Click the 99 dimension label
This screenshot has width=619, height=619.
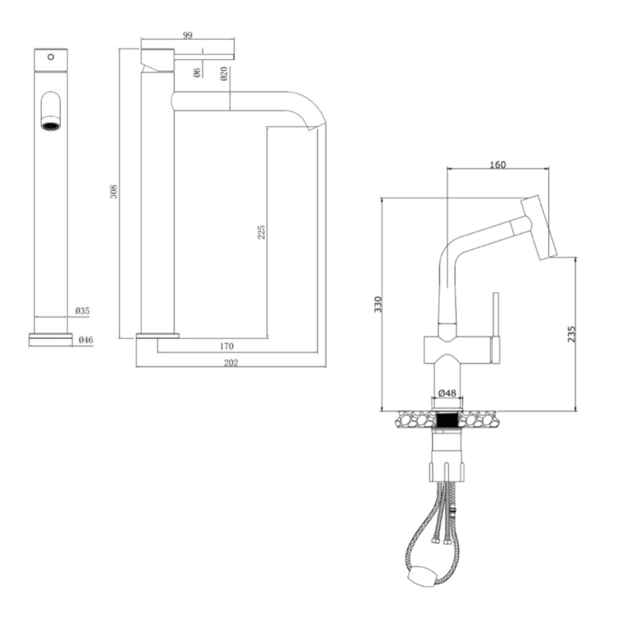187,35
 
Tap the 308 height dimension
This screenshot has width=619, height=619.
114,192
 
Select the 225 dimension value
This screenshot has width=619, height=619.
262,232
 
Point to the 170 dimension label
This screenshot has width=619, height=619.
226,346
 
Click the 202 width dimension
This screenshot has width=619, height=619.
231,363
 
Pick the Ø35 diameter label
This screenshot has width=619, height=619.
83,311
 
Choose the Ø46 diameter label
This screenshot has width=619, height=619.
86,340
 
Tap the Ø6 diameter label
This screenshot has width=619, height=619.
197,72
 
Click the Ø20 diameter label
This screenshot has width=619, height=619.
224,74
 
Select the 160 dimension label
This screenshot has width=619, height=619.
497,164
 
